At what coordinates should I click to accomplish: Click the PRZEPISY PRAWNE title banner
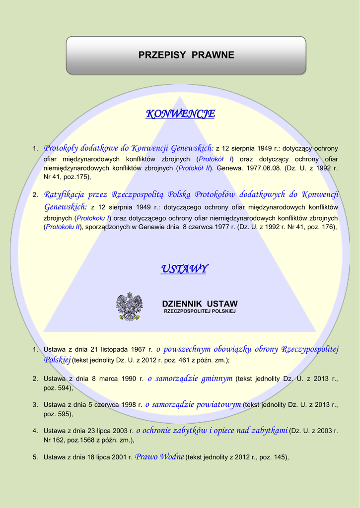coord(186,55)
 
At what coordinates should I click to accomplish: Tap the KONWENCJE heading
coord(180,114)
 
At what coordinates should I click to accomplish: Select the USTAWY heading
coord(184,269)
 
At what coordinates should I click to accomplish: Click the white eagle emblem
coord(129,307)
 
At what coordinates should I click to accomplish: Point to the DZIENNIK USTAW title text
coord(200,304)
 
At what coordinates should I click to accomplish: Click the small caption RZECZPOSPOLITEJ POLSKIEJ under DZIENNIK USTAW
coord(200,311)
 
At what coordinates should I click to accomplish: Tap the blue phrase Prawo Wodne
coord(159,456)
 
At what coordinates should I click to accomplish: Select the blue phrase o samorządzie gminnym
coord(190,379)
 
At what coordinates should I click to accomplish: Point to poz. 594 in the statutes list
coord(57,388)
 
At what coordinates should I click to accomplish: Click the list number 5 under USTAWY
coord(35,457)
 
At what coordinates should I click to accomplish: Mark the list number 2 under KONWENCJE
coord(35,194)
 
